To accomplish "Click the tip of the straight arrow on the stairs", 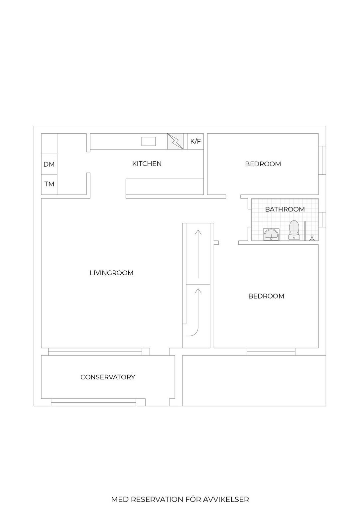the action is click(x=198, y=230).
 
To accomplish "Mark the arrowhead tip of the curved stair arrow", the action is click(x=198, y=288).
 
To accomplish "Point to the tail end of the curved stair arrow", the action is click(x=186, y=336).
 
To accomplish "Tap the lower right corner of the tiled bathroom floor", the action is click(x=318, y=241).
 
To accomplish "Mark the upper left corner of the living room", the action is click(x=41, y=199).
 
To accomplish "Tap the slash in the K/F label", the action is click(x=195, y=141).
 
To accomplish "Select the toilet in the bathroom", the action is click(x=294, y=230).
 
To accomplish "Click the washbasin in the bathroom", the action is click(x=271, y=235).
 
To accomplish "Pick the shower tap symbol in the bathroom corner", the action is click(x=312, y=238).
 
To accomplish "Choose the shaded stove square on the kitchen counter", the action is click(x=175, y=141).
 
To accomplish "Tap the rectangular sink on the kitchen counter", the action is click(x=149, y=141).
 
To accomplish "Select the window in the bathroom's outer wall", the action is click(x=322, y=220).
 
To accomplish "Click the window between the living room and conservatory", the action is click(x=95, y=352).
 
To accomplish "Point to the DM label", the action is click(x=49, y=164).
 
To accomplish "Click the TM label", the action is click(x=49, y=184).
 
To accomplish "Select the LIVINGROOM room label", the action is click(x=112, y=273).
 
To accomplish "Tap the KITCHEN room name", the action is click(x=147, y=164).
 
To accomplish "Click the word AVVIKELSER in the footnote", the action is click(x=226, y=499).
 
